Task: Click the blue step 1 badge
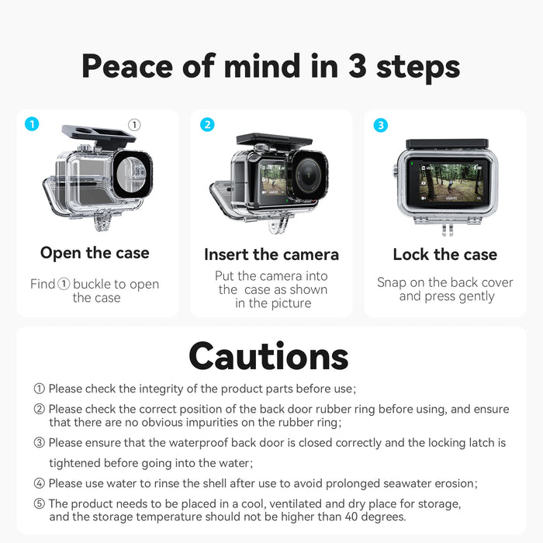coord(31,124)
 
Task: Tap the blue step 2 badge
coord(207,125)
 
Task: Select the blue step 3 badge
coord(380,125)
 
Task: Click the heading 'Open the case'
coord(95,253)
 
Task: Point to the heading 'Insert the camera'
coord(271,254)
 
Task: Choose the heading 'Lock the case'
coord(444,254)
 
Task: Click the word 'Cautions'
coord(268,356)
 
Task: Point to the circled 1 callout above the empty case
coord(134,124)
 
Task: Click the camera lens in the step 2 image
coord(308,175)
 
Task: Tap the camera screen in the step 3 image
coord(444,184)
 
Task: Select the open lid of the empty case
coord(99,137)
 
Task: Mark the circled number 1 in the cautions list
coord(39,389)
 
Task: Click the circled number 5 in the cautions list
coord(39,504)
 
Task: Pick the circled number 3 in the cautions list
coord(39,443)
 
